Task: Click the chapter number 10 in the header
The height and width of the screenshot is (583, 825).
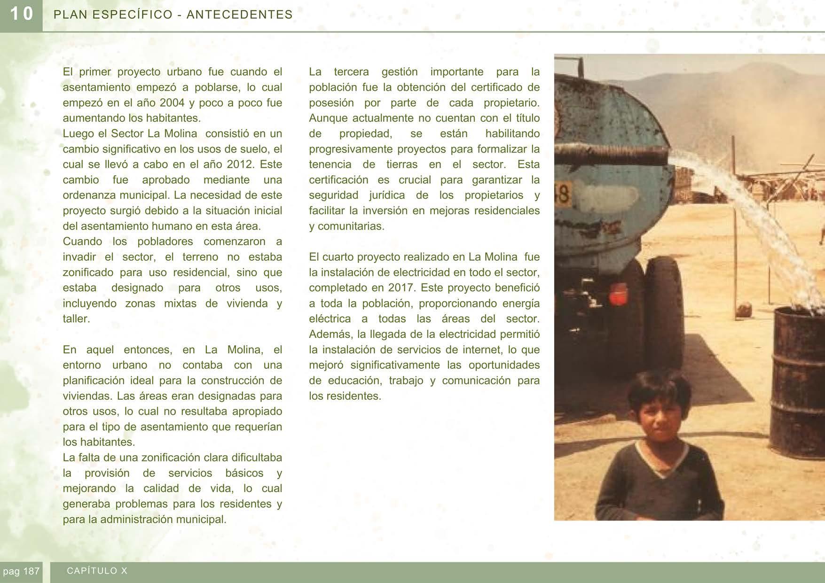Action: [21, 14]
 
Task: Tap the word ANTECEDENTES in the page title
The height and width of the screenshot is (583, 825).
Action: [239, 15]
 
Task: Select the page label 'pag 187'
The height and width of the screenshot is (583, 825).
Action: [21, 571]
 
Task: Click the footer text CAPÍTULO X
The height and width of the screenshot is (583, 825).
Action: [97, 571]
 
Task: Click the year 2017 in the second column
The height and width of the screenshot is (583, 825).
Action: [401, 288]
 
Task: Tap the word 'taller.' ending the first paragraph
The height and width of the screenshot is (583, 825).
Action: [76, 319]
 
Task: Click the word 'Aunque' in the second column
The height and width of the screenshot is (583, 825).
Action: [328, 118]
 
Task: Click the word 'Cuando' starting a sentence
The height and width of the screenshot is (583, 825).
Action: [82, 241]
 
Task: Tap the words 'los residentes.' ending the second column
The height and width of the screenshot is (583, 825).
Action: [345, 396]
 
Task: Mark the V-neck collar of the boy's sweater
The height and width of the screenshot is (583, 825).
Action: [662, 465]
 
